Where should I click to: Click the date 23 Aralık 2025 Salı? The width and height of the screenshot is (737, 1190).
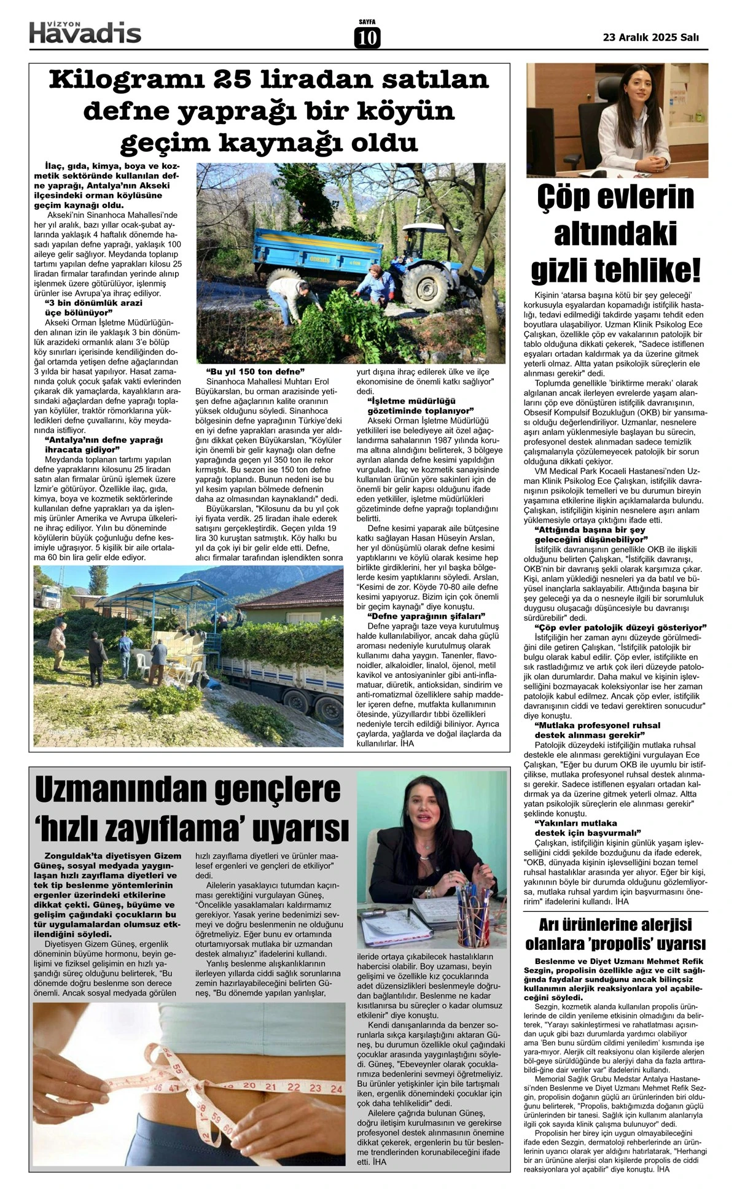pyautogui.click(x=651, y=37)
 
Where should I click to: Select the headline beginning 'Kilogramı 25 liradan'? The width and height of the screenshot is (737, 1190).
pyautogui.click(x=269, y=111)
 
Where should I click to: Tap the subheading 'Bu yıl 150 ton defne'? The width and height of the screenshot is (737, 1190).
pyautogui.click(x=254, y=372)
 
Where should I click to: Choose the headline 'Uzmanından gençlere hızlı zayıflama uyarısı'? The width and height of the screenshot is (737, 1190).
pyautogui.click(x=192, y=810)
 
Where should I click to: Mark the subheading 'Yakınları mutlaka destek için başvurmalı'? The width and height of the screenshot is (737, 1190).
pyautogui.click(x=587, y=827)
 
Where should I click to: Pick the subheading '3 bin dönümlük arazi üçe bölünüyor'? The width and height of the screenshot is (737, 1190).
pyautogui.click(x=93, y=307)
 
